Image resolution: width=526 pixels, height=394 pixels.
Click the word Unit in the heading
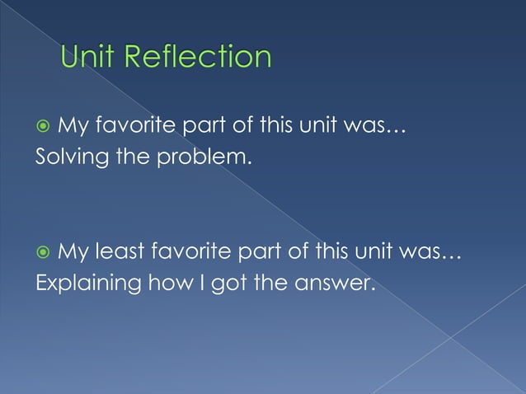pos(91,57)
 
